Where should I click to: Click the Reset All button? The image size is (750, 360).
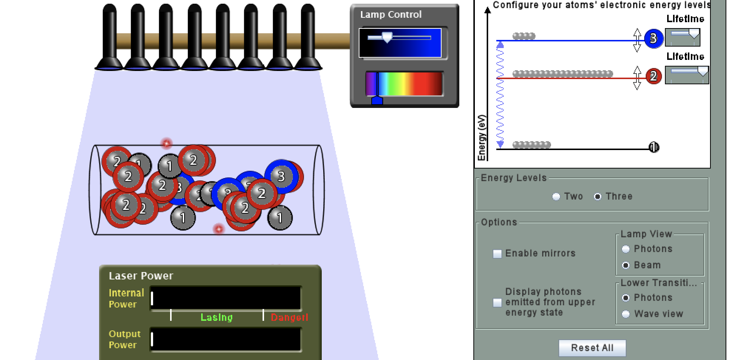(x=592, y=348)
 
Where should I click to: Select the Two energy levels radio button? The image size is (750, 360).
(x=556, y=197)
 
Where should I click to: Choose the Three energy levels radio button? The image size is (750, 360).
(x=598, y=197)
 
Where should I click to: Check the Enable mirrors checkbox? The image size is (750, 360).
(x=497, y=254)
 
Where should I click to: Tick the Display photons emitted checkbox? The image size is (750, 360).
(x=497, y=303)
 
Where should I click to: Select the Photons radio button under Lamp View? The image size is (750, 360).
(x=626, y=249)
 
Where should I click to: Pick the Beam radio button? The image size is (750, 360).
(x=626, y=265)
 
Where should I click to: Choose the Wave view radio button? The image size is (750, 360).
(x=626, y=314)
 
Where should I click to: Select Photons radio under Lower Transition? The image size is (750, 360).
(x=626, y=298)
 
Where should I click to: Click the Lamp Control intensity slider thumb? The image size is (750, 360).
(x=387, y=37)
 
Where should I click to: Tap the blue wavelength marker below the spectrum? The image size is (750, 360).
(x=377, y=101)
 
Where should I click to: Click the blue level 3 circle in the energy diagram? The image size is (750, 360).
(x=653, y=38)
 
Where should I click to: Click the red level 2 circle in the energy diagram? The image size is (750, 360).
(x=653, y=76)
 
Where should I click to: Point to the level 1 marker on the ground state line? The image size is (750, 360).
(x=654, y=147)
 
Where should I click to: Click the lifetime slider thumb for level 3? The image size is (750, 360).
(x=694, y=34)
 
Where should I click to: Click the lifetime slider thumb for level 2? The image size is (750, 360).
(x=703, y=72)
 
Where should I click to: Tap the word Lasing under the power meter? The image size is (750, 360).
(x=217, y=317)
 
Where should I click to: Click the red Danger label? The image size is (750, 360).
(x=289, y=317)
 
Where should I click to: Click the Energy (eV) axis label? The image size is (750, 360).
(x=482, y=138)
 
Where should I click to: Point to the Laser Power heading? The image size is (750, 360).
(x=141, y=276)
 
